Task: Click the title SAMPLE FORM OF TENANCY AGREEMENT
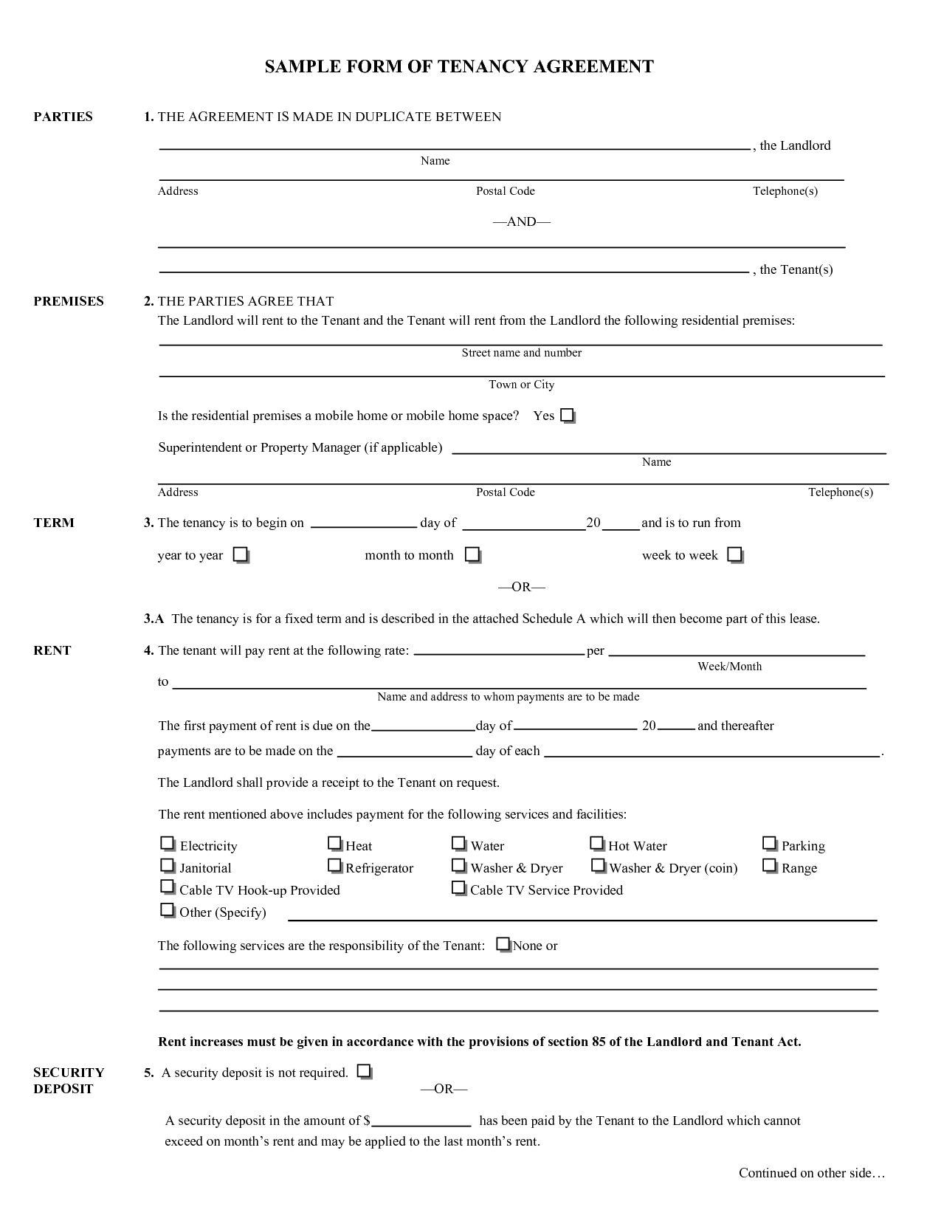click(459, 67)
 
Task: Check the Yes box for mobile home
click(567, 416)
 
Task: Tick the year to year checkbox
click(241, 554)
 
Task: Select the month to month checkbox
click(472, 554)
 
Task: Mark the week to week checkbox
click(735, 554)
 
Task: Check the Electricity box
click(168, 843)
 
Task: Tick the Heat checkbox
click(335, 843)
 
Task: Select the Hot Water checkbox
click(597, 843)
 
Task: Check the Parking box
click(770, 843)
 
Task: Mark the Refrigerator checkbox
click(335, 865)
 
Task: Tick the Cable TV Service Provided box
click(459, 887)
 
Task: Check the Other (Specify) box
click(168, 909)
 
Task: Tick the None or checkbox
click(503, 943)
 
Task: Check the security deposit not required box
click(364, 1071)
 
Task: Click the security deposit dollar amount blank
click(421, 1121)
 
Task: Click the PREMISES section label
click(69, 301)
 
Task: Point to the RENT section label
click(52, 650)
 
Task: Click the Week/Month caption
click(729, 667)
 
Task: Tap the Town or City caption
click(521, 385)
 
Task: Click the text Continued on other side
click(811, 1173)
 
